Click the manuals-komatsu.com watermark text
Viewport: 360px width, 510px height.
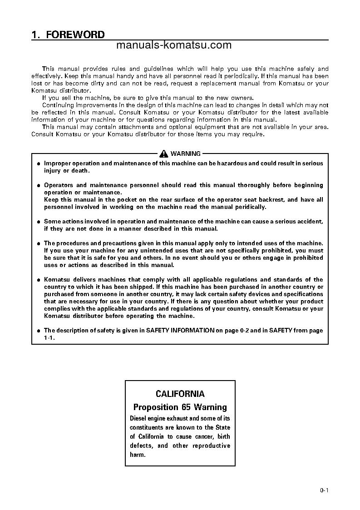pos(174,45)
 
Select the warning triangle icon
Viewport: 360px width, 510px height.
pos(164,154)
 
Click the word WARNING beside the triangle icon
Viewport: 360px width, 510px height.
pos(185,154)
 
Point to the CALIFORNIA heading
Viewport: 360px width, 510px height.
pos(180,394)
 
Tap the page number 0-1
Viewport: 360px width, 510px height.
pos(324,490)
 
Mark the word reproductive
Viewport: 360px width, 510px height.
pos(211,446)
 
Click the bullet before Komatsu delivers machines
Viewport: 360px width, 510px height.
pos(39,280)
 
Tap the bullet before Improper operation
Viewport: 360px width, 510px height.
pos(39,164)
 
